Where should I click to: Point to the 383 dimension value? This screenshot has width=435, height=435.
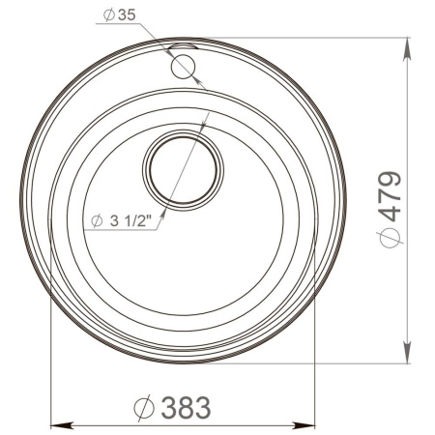click(185, 408)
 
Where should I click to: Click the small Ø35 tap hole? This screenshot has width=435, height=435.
click(181, 66)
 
